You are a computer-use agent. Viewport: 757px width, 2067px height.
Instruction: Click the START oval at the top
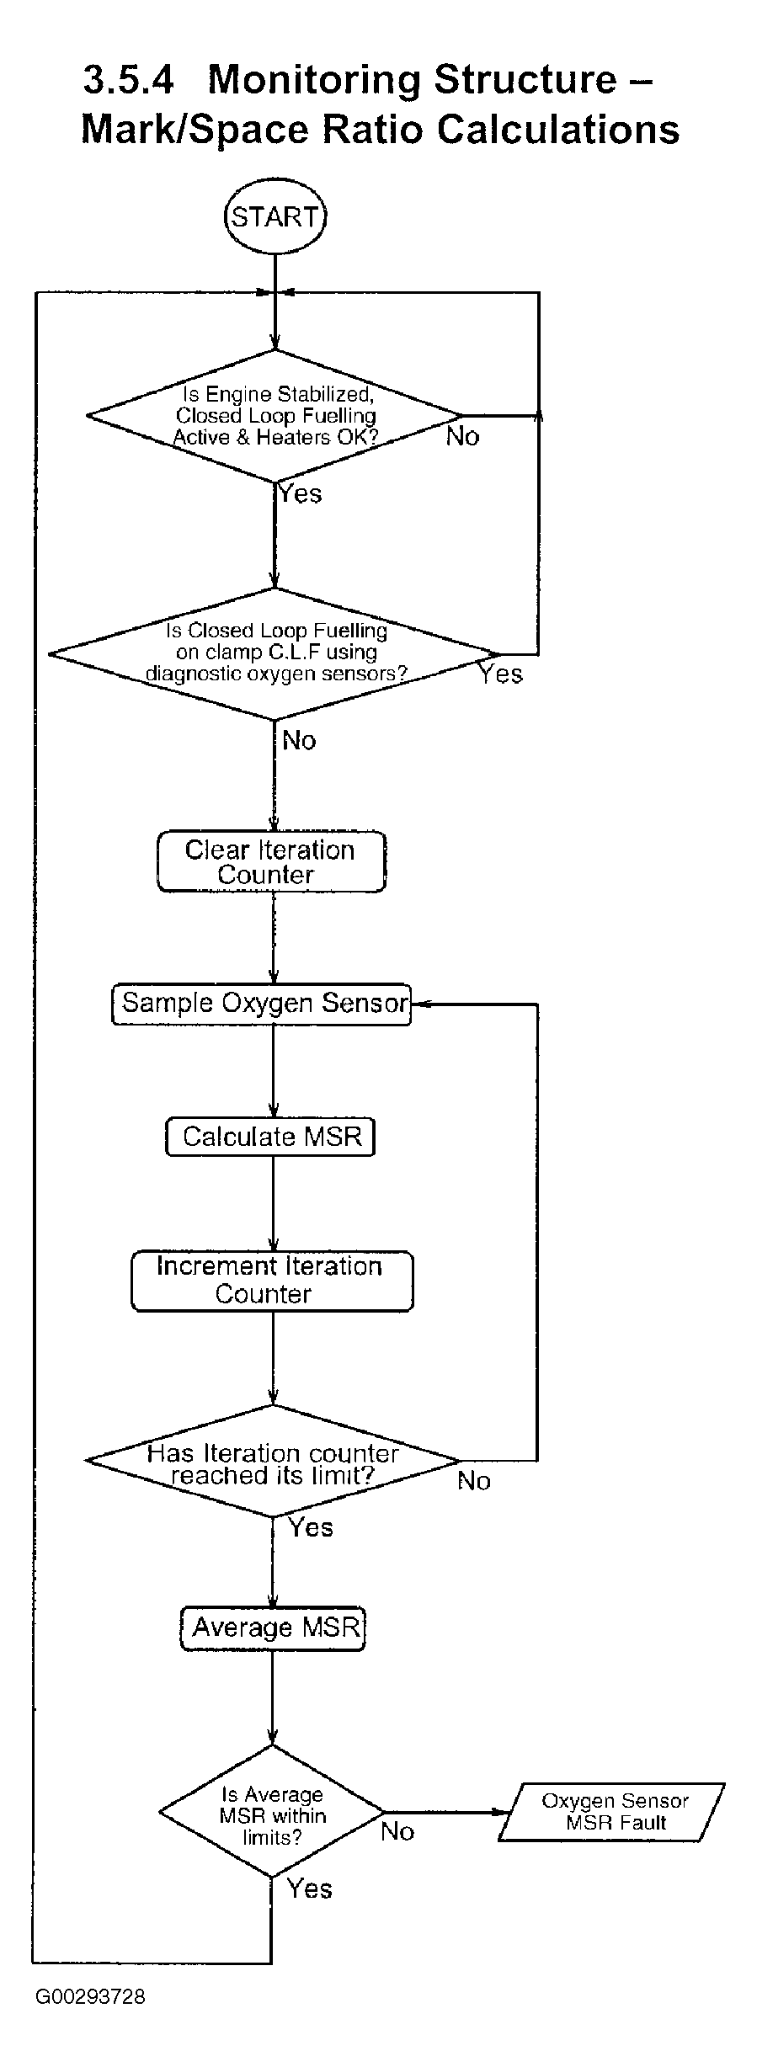coord(275,217)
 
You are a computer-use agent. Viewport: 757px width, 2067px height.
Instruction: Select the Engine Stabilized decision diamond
coord(275,416)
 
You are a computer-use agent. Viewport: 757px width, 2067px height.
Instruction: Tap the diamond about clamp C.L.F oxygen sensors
coord(275,653)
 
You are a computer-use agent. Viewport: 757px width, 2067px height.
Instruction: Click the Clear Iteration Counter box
coord(271,861)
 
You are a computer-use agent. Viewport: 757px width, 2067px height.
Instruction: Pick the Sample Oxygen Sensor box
coord(262,1004)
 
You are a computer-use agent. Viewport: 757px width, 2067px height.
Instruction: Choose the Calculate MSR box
coord(270,1137)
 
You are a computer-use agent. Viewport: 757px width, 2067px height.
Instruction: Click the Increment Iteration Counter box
coord(272,1281)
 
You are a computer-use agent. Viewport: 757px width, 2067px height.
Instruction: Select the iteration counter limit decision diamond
coord(273,1461)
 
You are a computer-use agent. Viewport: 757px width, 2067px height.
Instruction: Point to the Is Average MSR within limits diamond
coord(272,1812)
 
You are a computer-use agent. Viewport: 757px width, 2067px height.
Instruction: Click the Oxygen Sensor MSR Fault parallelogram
coord(612,1812)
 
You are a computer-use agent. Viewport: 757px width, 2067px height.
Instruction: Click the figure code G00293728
coord(90,1997)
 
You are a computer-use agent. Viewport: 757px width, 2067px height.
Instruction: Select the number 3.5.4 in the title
coord(129,80)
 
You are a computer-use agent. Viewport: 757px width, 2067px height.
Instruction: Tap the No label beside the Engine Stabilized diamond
coord(462,436)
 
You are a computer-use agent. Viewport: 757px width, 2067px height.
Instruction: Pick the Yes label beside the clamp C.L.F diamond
coord(501,674)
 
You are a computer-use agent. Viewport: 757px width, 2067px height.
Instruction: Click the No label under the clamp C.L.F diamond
coord(299,740)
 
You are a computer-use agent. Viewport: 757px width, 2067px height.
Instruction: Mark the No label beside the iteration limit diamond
coord(474,1481)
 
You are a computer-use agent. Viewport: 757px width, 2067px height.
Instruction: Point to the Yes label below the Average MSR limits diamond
coord(310,1889)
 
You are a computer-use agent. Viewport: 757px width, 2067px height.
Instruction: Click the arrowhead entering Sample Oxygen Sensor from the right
coord(418,1004)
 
